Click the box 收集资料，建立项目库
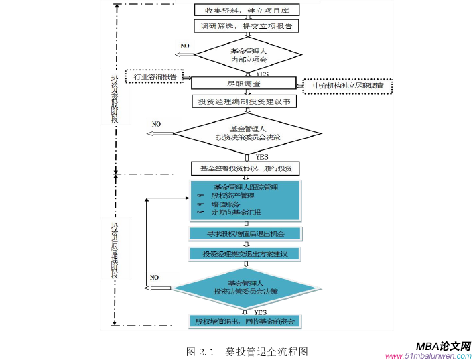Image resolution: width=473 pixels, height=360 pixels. (x=246, y=10)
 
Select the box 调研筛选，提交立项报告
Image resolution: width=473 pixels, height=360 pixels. (x=246, y=26)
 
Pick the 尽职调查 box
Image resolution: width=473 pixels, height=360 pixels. (x=244, y=84)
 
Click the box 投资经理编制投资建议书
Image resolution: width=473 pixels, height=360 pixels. (x=245, y=101)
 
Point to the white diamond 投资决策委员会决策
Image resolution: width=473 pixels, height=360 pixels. (x=247, y=133)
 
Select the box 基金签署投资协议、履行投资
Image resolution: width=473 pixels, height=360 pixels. (x=245, y=168)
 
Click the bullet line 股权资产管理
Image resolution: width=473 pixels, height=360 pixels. (x=228, y=196)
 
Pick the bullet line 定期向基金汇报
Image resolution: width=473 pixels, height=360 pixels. (x=231, y=212)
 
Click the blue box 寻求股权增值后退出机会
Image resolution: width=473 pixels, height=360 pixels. (x=245, y=233)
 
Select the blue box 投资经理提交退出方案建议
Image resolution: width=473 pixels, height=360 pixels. (x=245, y=254)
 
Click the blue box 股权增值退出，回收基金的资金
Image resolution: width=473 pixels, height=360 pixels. (x=245, y=322)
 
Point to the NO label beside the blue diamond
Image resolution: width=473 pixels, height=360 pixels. (x=154, y=277)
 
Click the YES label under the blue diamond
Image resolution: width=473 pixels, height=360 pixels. (x=260, y=312)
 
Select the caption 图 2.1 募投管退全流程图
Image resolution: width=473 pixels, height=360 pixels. (x=247, y=351)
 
